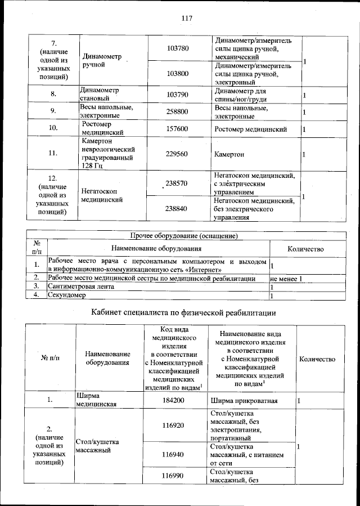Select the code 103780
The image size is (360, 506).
(178, 48)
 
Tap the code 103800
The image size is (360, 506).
(178, 74)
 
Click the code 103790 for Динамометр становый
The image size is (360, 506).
(178, 95)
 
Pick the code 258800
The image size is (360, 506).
(178, 112)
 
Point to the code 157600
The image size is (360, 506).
(178, 129)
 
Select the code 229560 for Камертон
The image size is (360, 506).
(178, 154)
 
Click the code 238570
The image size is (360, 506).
(178, 183)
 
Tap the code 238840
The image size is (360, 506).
(178, 209)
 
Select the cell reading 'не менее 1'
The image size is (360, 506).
(286, 279)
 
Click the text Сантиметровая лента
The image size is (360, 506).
(81, 287)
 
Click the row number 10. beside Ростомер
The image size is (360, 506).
(54, 129)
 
